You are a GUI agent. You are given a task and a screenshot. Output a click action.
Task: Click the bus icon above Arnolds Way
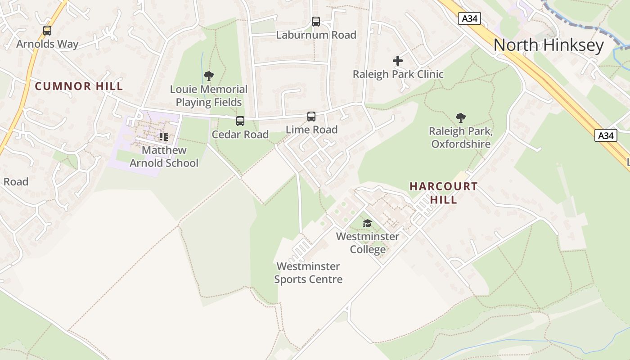pos(47,31)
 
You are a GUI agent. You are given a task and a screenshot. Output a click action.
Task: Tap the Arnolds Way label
pos(47,44)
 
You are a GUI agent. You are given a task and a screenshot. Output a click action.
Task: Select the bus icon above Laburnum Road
pos(316,21)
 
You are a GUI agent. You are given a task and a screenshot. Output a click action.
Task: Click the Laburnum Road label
pos(316,35)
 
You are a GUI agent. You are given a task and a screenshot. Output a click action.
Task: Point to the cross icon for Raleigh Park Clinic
pos(398,61)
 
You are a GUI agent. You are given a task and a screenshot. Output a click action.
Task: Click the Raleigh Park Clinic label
pos(398,74)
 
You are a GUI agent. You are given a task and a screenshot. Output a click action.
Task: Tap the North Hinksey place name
pos(549,45)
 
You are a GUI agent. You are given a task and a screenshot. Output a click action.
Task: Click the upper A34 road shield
pos(470,18)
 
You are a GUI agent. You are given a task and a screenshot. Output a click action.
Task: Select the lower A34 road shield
pos(605,135)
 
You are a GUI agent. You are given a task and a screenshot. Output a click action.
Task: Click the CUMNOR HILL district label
pos(79,86)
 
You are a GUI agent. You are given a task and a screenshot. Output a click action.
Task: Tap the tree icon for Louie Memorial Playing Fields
pos(209,76)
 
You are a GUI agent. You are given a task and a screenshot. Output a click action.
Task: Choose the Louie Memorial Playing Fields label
pos(209,96)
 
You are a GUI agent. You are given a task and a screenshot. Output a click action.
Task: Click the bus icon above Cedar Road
pos(240,121)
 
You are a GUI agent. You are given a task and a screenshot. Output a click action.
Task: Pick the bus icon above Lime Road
pos(311,116)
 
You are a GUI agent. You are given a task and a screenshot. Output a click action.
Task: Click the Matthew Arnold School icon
pos(164,136)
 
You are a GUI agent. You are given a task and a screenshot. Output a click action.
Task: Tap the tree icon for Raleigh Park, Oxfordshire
pos(460,118)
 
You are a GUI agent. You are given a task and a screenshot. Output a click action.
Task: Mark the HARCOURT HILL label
pos(443,193)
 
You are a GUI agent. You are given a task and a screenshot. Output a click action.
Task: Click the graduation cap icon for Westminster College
pos(368,223)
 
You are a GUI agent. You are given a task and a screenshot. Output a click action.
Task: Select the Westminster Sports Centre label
pos(308,273)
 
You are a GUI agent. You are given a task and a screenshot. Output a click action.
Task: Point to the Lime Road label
pos(311,130)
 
